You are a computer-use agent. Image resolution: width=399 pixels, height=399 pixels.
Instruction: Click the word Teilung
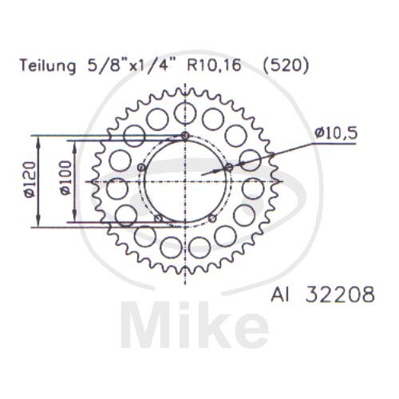coord(48,66)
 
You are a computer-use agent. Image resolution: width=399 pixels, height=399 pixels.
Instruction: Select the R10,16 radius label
coord(214,65)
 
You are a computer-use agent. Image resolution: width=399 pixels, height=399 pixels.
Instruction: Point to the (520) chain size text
coord(286,66)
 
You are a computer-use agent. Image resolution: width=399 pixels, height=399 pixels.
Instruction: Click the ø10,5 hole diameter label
coord(336,133)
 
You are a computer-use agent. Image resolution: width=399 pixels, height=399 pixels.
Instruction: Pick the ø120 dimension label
coord(30,180)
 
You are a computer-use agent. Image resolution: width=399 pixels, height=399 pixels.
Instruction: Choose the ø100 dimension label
coord(66,178)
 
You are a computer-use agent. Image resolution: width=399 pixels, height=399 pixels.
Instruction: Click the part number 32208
coord(340,294)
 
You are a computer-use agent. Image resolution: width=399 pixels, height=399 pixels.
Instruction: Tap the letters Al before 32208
coord(279,294)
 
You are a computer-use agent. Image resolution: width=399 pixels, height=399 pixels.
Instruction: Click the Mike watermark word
coord(196,325)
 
